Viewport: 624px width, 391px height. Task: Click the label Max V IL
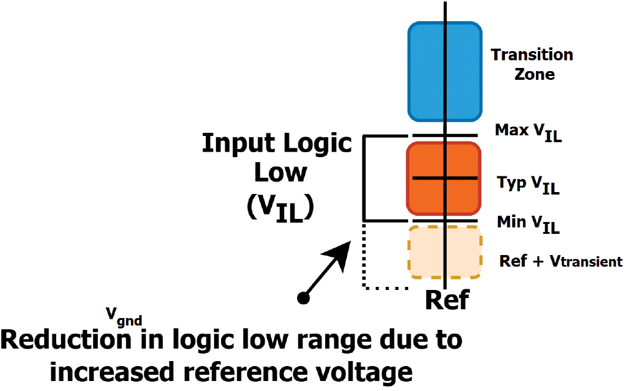pos(528,132)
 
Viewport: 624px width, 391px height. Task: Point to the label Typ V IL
pos(528,183)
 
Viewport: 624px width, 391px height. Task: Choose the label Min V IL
pos(528,223)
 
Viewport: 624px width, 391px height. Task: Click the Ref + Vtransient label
pos(561,261)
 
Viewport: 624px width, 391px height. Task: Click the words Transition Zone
pos(532,64)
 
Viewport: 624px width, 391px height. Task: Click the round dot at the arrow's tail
pos(304,298)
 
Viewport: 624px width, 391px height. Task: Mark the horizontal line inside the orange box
pos(444,178)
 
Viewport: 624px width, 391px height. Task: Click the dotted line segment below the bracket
pos(385,288)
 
